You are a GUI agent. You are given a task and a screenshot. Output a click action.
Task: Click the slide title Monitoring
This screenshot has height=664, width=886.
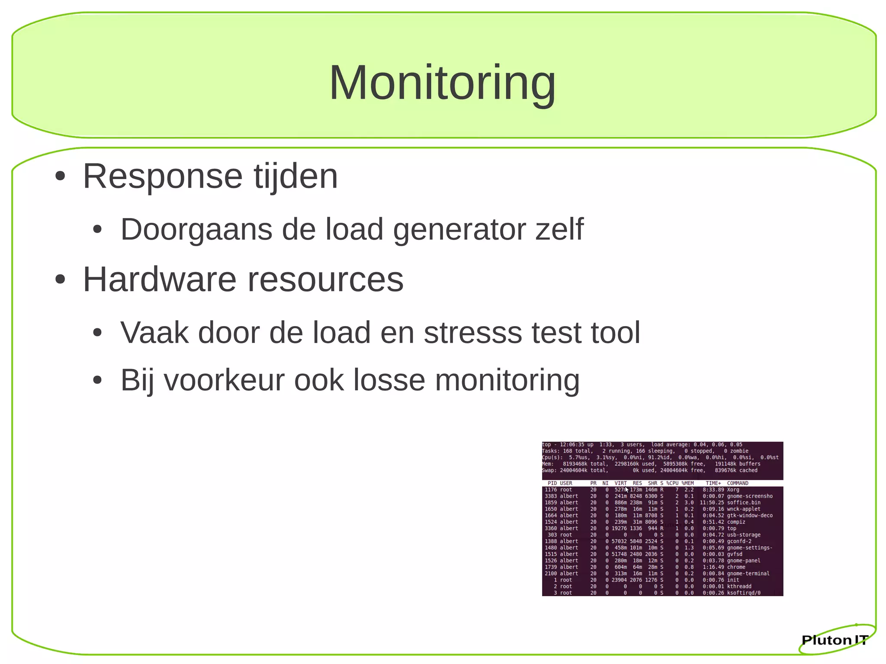point(442,83)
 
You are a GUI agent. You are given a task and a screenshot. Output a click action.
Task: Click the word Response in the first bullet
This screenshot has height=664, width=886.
point(162,176)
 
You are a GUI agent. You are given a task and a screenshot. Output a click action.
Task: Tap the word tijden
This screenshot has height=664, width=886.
point(295,176)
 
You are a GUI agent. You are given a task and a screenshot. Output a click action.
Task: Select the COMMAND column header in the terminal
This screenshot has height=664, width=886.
point(738,483)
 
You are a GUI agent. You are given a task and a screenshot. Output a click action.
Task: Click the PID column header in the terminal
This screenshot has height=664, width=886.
point(552,483)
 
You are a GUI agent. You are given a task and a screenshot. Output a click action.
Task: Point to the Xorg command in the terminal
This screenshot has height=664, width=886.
point(733,490)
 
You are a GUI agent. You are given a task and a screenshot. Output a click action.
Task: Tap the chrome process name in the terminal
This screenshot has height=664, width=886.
point(736,567)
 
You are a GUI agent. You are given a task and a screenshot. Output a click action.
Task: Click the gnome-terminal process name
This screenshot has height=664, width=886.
point(748,574)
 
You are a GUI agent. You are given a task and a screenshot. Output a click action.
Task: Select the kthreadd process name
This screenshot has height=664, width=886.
point(739,587)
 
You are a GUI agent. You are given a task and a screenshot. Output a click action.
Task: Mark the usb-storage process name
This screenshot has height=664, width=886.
point(744,535)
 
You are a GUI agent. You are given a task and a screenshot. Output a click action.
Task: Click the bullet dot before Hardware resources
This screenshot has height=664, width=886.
point(60,280)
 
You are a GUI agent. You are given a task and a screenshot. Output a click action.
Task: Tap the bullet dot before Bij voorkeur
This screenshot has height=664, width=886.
point(97,380)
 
